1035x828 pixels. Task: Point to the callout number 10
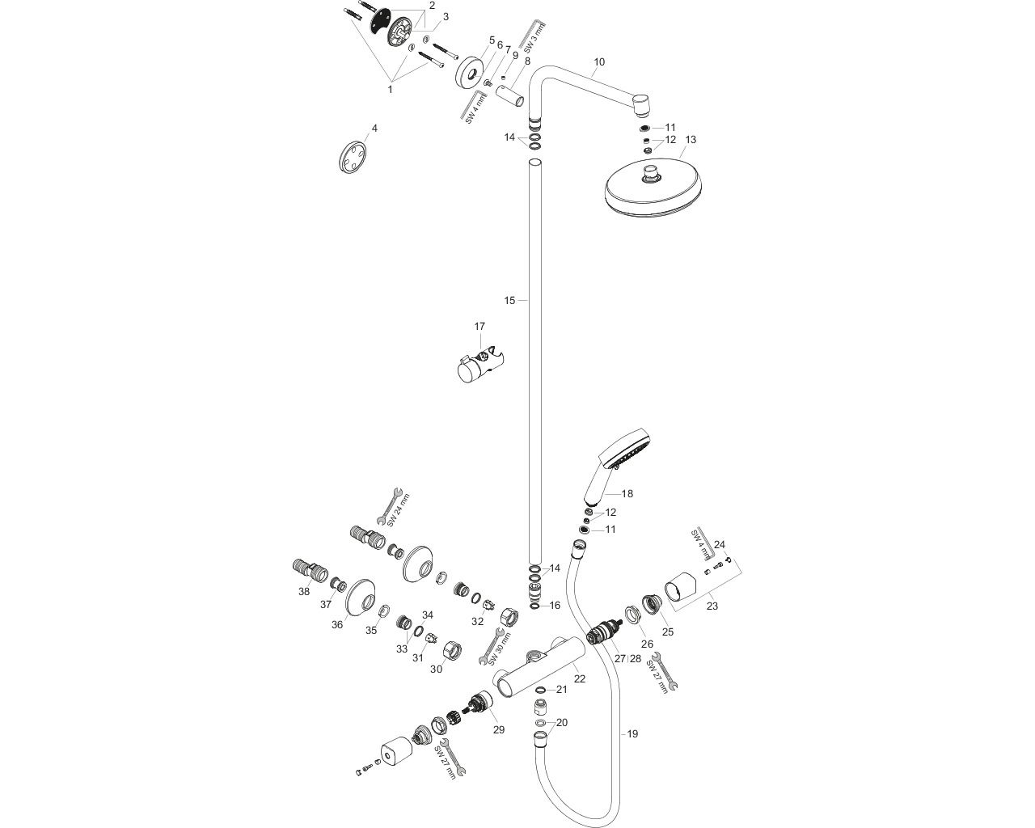(599, 61)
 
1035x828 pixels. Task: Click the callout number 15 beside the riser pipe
(509, 301)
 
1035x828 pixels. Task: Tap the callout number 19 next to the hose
(632, 733)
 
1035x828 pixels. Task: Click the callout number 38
(304, 591)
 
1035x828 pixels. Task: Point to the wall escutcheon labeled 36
(355, 598)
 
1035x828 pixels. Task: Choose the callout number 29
(499, 729)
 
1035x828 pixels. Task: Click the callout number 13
(690, 140)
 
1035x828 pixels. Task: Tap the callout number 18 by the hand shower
(627, 493)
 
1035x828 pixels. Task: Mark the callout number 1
(390, 89)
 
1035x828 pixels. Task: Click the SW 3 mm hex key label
(530, 39)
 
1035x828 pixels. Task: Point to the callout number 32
(478, 621)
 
